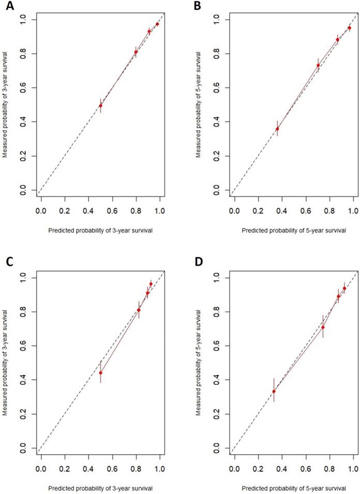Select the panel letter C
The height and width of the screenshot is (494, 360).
6,263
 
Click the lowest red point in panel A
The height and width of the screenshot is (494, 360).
100,106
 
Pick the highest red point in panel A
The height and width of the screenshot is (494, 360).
157,24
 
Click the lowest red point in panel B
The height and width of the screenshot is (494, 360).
277,129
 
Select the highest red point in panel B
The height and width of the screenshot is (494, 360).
349,28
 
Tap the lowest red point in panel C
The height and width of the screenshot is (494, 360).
100,373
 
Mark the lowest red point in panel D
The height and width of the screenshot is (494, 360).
274,391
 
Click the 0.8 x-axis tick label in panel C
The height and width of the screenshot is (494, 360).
136,469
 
